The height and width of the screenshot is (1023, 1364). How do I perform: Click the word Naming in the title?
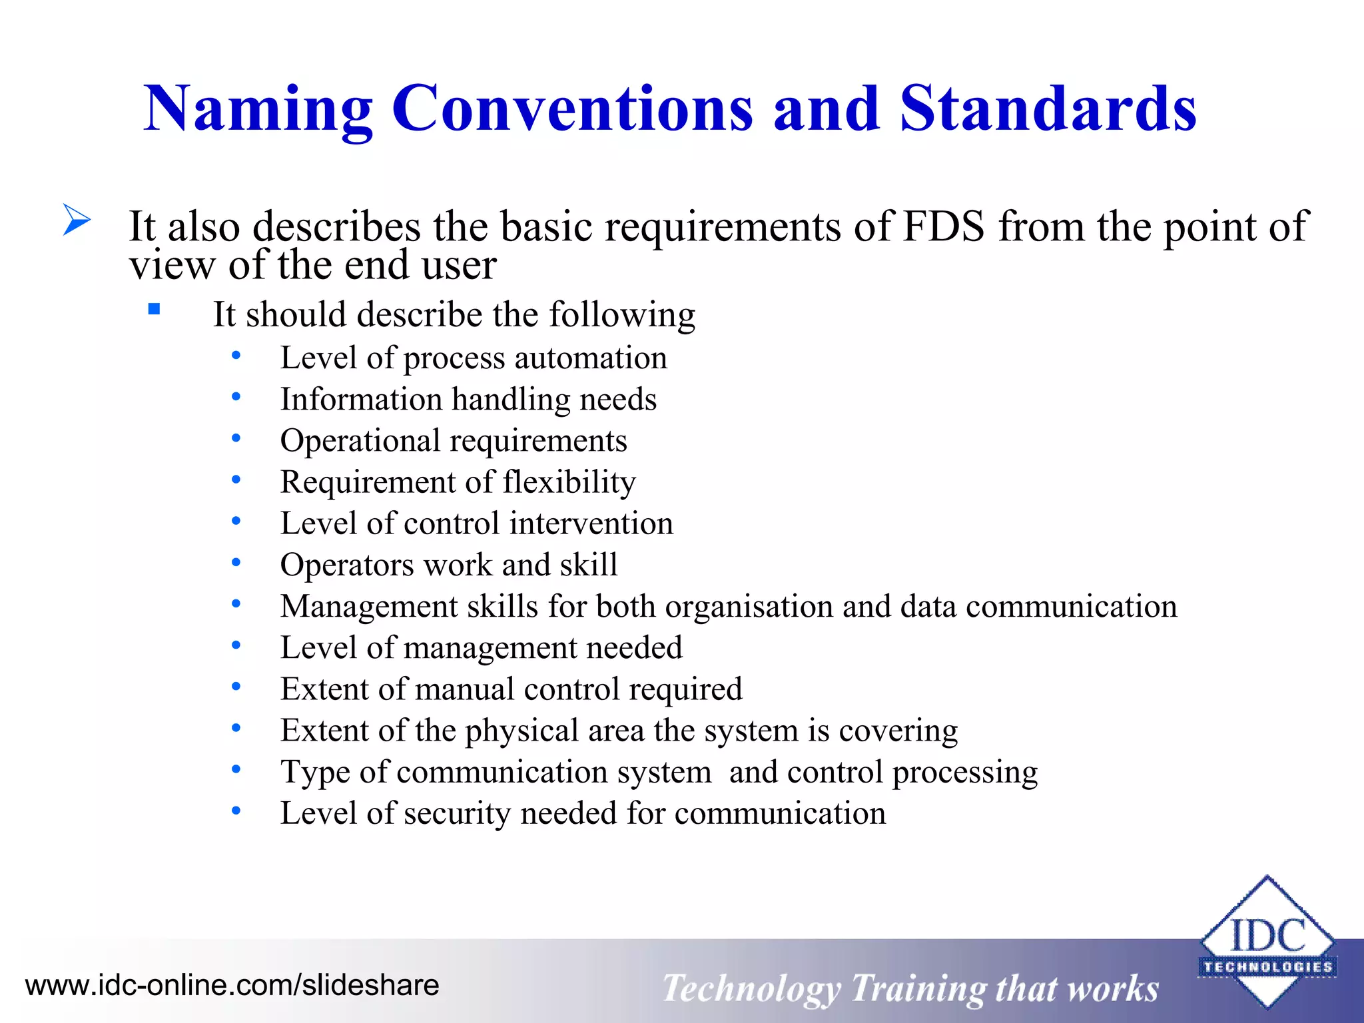258,109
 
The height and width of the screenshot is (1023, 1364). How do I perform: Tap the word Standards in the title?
1048,108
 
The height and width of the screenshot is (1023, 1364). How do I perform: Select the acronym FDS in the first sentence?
942,226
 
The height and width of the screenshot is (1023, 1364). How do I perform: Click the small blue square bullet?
155,309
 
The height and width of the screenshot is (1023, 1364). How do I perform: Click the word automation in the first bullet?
590,358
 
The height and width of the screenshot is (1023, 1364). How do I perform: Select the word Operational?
360,441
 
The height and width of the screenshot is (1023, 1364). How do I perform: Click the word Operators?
347,565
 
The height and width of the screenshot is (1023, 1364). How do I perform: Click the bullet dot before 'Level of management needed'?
236,645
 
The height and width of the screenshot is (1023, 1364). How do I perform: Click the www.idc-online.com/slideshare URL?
232,985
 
